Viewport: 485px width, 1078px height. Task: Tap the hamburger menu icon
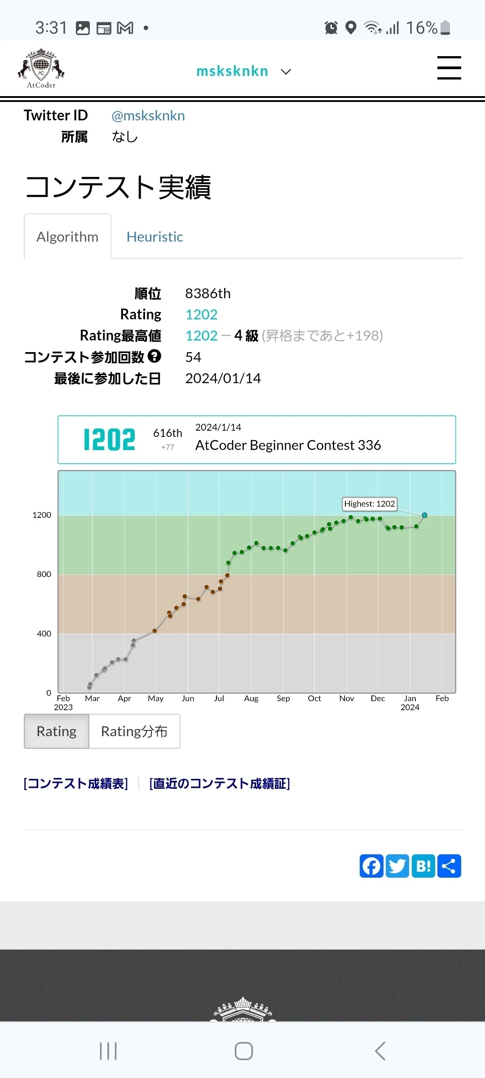click(449, 68)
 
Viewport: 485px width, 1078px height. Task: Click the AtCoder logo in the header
click(41, 68)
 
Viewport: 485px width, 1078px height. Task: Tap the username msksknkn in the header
click(232, 71)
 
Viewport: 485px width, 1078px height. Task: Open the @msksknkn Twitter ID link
click(148, 116)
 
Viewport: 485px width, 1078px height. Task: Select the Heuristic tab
click(155, 237)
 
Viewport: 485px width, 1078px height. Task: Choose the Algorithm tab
click(67, 237)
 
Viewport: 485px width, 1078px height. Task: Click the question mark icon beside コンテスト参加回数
click(154, 356)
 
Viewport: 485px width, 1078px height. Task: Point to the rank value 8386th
click(208, 293)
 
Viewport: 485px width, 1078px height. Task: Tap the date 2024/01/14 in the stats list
click(223, 378)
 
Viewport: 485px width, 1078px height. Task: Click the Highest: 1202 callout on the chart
click(370, 504)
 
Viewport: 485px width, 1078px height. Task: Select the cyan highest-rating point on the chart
click(424, 515)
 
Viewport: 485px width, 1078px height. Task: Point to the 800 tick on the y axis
click(44, 574)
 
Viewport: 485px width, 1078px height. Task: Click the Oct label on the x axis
click(314, 698)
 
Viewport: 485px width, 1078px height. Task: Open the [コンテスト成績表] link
click(76, 784)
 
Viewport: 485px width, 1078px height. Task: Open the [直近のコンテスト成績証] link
click(220, 784)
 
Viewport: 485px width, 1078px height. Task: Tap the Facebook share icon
click(371, 866)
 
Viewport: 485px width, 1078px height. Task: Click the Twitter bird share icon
click(397, 866)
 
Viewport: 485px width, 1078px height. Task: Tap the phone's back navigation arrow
click(380, 1051)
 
